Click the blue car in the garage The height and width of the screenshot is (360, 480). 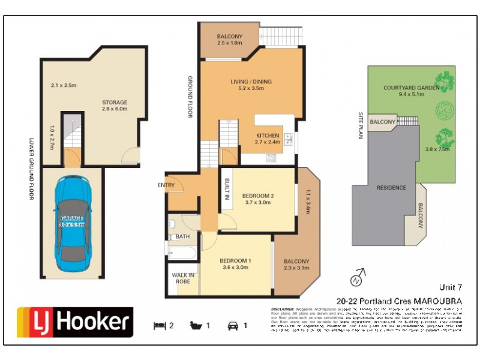(x=71, y=224)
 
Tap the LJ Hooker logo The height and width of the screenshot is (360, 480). (x=74, y=322)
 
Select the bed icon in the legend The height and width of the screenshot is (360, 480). (x=159, y=326)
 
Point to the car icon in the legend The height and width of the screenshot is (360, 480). (x=232, y=326)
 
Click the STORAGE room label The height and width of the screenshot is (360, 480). (x=115, y=102)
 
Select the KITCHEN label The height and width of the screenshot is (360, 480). (x=268, y=136)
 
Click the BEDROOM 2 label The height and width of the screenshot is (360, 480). (x=258, y=196)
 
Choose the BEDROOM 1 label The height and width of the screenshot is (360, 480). (x=236, y=260)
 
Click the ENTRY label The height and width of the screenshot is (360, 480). (x=166, y=185)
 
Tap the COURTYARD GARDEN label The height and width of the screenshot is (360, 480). (x=412, y=88)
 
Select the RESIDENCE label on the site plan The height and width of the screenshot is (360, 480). (x=391, y=188)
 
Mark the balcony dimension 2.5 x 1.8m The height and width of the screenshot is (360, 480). (x=230, y=43)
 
